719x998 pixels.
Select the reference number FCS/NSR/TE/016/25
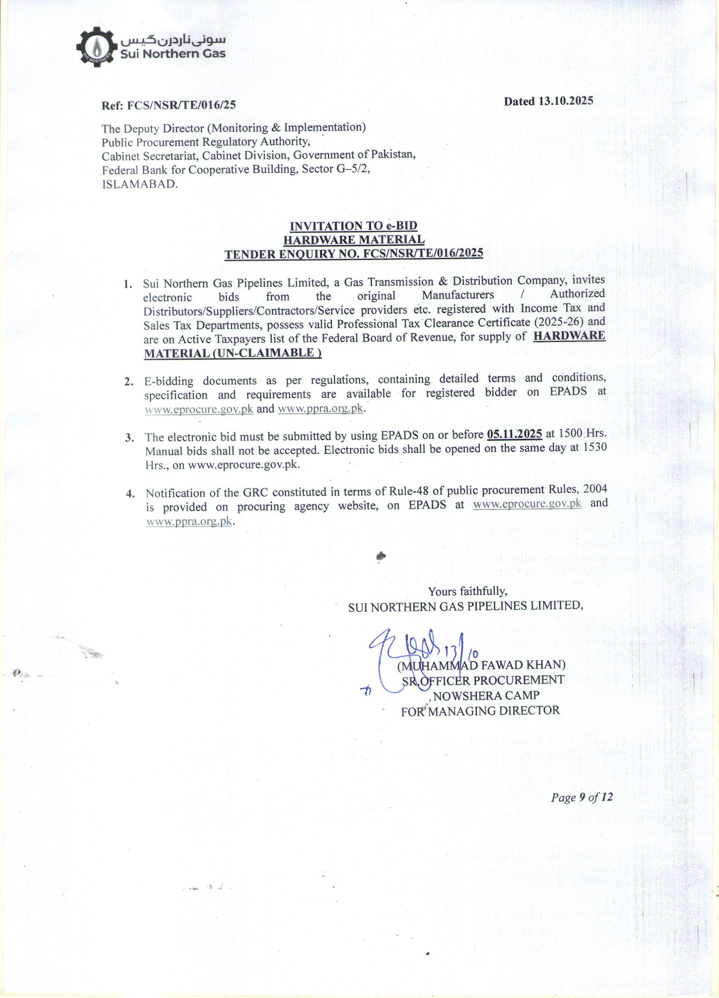(x=181, y=105)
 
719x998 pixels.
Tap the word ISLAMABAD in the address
(x=140, y=184)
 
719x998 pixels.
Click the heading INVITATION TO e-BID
(x=353, y=226)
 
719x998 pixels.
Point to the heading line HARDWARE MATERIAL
(x=354, y=240)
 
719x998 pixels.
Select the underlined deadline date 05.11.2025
(x=514, y=434)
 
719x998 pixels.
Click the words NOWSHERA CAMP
(x=486, y=696)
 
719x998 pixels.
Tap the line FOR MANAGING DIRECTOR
(x=480, y=711)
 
